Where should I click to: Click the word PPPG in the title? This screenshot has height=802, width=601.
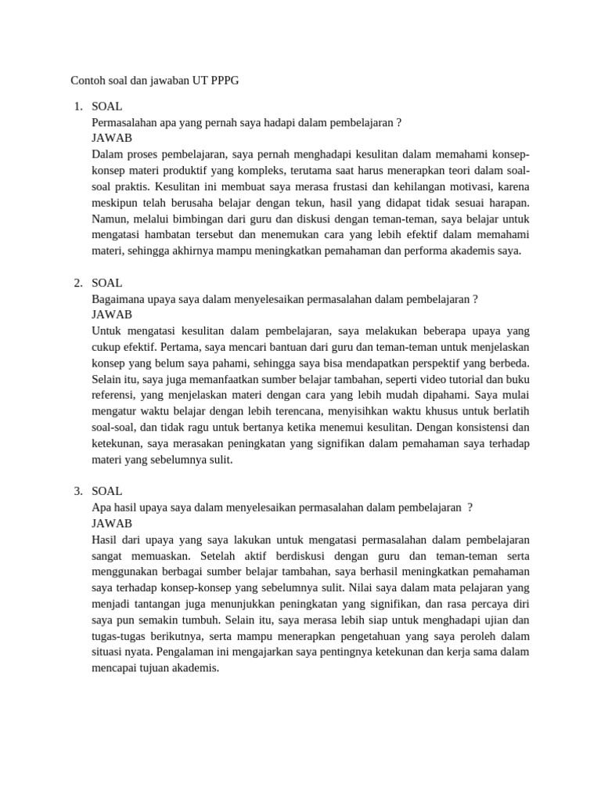point(222,81)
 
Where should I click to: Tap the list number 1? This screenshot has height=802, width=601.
point(77,106)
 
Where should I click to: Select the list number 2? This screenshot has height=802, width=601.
point(77,283)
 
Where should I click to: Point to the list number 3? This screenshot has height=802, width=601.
point(77,491)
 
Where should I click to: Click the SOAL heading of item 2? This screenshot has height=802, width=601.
point(107,283)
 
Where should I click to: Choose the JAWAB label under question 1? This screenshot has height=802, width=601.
point(112,138)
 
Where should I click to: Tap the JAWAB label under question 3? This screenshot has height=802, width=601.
point(112,523)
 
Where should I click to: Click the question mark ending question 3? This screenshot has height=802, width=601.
point(470,508)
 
